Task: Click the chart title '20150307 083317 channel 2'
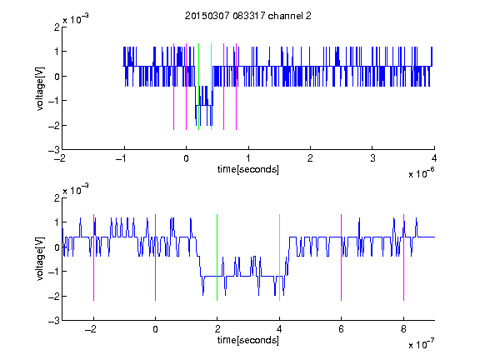coord(248,16)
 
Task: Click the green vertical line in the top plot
coord(198,87)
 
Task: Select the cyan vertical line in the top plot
coord(211,87)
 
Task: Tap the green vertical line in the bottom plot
coord(217,257)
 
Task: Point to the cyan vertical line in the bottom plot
coord(279,257)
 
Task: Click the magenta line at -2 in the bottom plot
coord(93,257)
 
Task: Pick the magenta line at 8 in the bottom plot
coord(404,257)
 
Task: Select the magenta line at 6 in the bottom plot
coord(342,257)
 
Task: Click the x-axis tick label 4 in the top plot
coord(434,158)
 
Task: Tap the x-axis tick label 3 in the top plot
coord(372,158)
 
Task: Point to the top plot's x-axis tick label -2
coord(60,158)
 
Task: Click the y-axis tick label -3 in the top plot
coord(54,150)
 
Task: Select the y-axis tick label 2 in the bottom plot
coord(57,197)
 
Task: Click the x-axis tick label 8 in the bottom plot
coord(404,329)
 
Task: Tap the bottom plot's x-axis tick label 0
coord(155,329)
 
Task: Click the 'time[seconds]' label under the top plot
coord(248,169)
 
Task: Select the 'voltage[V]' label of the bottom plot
coord(40,259)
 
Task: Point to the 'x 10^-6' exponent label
coord(421,172)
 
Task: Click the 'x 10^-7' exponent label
coord(421,344)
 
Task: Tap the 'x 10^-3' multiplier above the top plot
coord(76,18)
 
